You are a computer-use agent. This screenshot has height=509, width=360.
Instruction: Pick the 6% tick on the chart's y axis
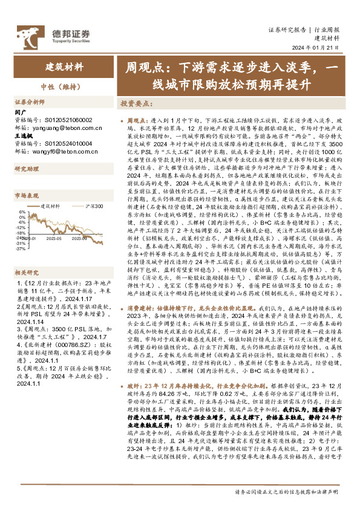pos(21,212)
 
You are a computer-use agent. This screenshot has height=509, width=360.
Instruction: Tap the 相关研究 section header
pos(26,255)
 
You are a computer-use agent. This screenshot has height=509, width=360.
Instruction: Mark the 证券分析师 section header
pos(30,102)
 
